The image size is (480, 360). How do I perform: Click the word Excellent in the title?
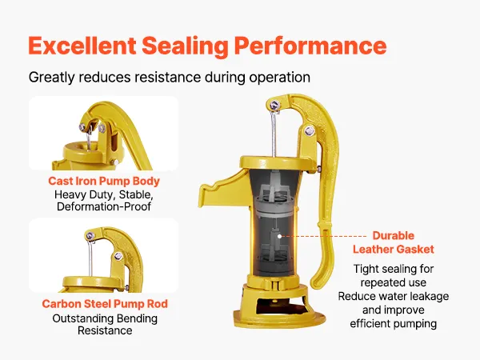point(82,46)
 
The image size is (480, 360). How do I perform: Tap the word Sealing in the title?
point(185,46)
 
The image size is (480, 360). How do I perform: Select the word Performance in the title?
point(310,46)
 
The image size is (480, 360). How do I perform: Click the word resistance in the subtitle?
point(167,77)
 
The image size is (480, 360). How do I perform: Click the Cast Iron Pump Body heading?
point(104,181)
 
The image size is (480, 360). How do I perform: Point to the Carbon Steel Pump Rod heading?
point(105,304)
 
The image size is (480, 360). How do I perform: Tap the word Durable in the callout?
point(394,235)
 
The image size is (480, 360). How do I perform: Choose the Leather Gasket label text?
point(394,249)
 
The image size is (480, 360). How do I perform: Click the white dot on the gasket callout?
point(279,236)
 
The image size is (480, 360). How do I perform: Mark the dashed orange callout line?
point(324,236)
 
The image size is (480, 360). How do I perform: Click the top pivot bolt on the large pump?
point(274,106)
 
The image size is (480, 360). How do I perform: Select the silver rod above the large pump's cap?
point(274,134)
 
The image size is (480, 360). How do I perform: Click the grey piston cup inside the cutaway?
point(274,206)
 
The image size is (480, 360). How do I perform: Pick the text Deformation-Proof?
point(104,206)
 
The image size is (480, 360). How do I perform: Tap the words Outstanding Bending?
point(105,318)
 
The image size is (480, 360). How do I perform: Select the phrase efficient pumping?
point(394,323)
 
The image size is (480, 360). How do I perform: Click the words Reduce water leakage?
point(394,296)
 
